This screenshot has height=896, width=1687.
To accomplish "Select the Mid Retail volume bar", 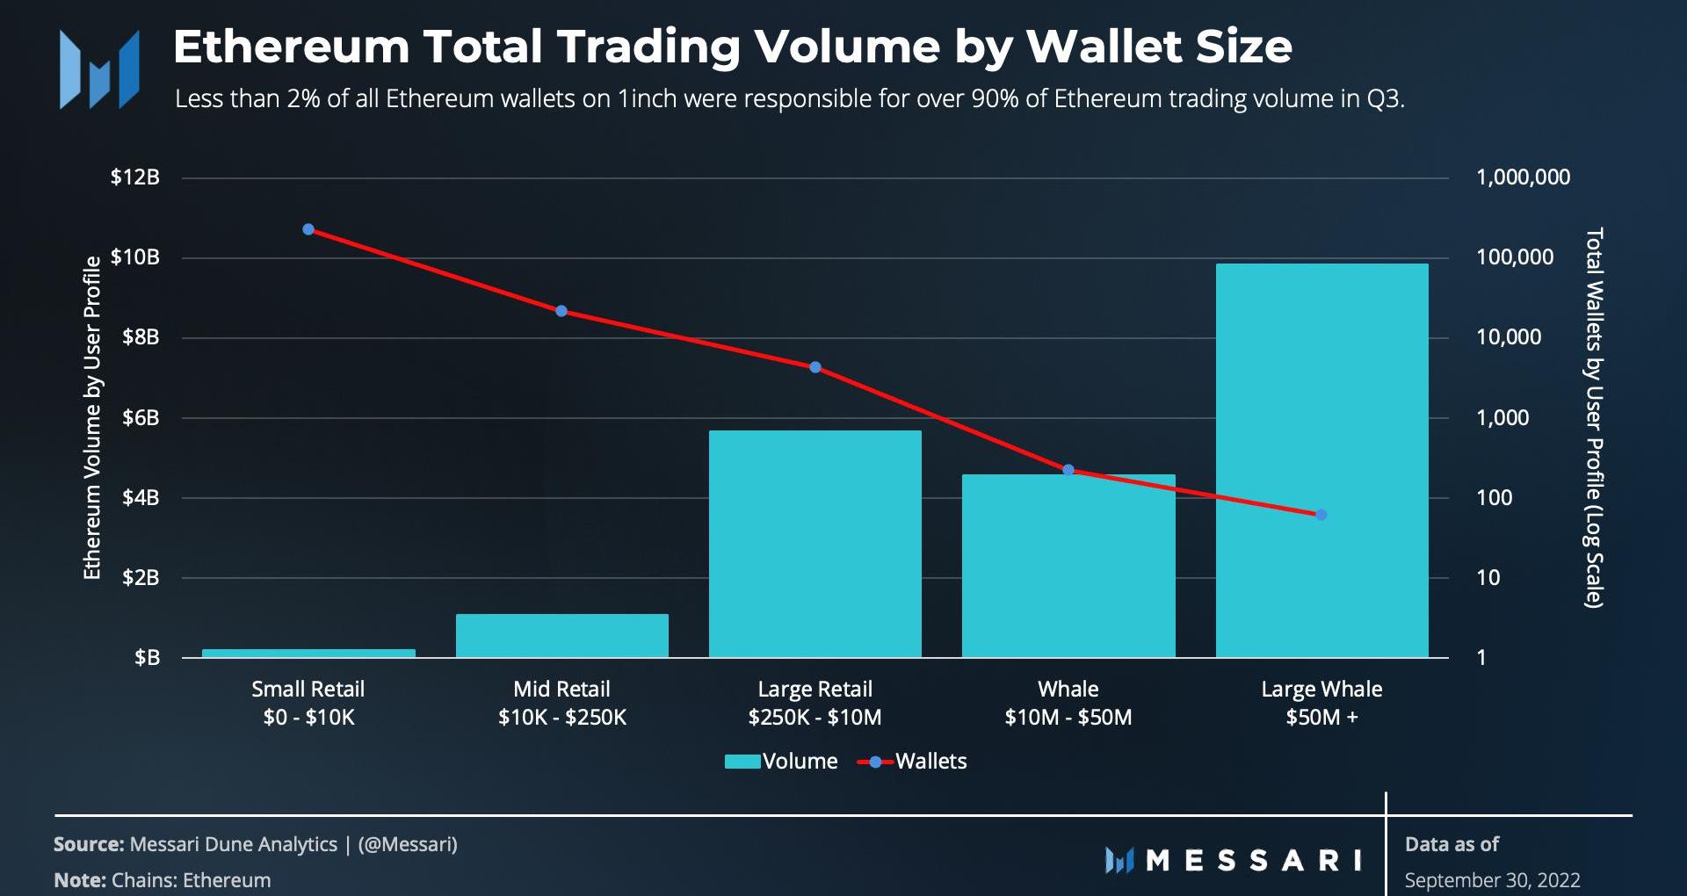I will (x=561, y=635).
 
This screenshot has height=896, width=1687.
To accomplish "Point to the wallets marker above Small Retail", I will (x=308, y=229).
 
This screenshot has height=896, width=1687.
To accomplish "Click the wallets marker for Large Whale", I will (x=1321, y=515).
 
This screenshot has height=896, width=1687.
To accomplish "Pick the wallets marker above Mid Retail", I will (x=561, y=311).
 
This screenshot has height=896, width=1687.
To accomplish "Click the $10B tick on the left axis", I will (x=135, y=257).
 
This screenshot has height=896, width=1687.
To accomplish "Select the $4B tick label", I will (x=141, y=498).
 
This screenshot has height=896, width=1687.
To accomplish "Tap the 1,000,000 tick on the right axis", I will (x=1523, y=177).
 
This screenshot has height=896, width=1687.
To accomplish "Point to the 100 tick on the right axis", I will (x=1494, y=498).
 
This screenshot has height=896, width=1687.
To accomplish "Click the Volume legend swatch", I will (x=742, y=762).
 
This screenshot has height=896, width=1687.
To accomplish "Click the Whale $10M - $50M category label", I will (x=1068, y=703).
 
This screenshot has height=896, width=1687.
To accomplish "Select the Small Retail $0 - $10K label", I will (x=308, y=703).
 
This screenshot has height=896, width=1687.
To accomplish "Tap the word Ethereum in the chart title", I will (x=291, y=47).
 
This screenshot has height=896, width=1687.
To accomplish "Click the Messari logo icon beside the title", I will (x=98, y=70).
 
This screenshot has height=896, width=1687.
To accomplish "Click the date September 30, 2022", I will (x=1492, y=880).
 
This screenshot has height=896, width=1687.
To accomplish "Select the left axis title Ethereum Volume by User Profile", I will (x=92, y=417).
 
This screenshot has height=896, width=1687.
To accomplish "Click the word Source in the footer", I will (x=88, y=844).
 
